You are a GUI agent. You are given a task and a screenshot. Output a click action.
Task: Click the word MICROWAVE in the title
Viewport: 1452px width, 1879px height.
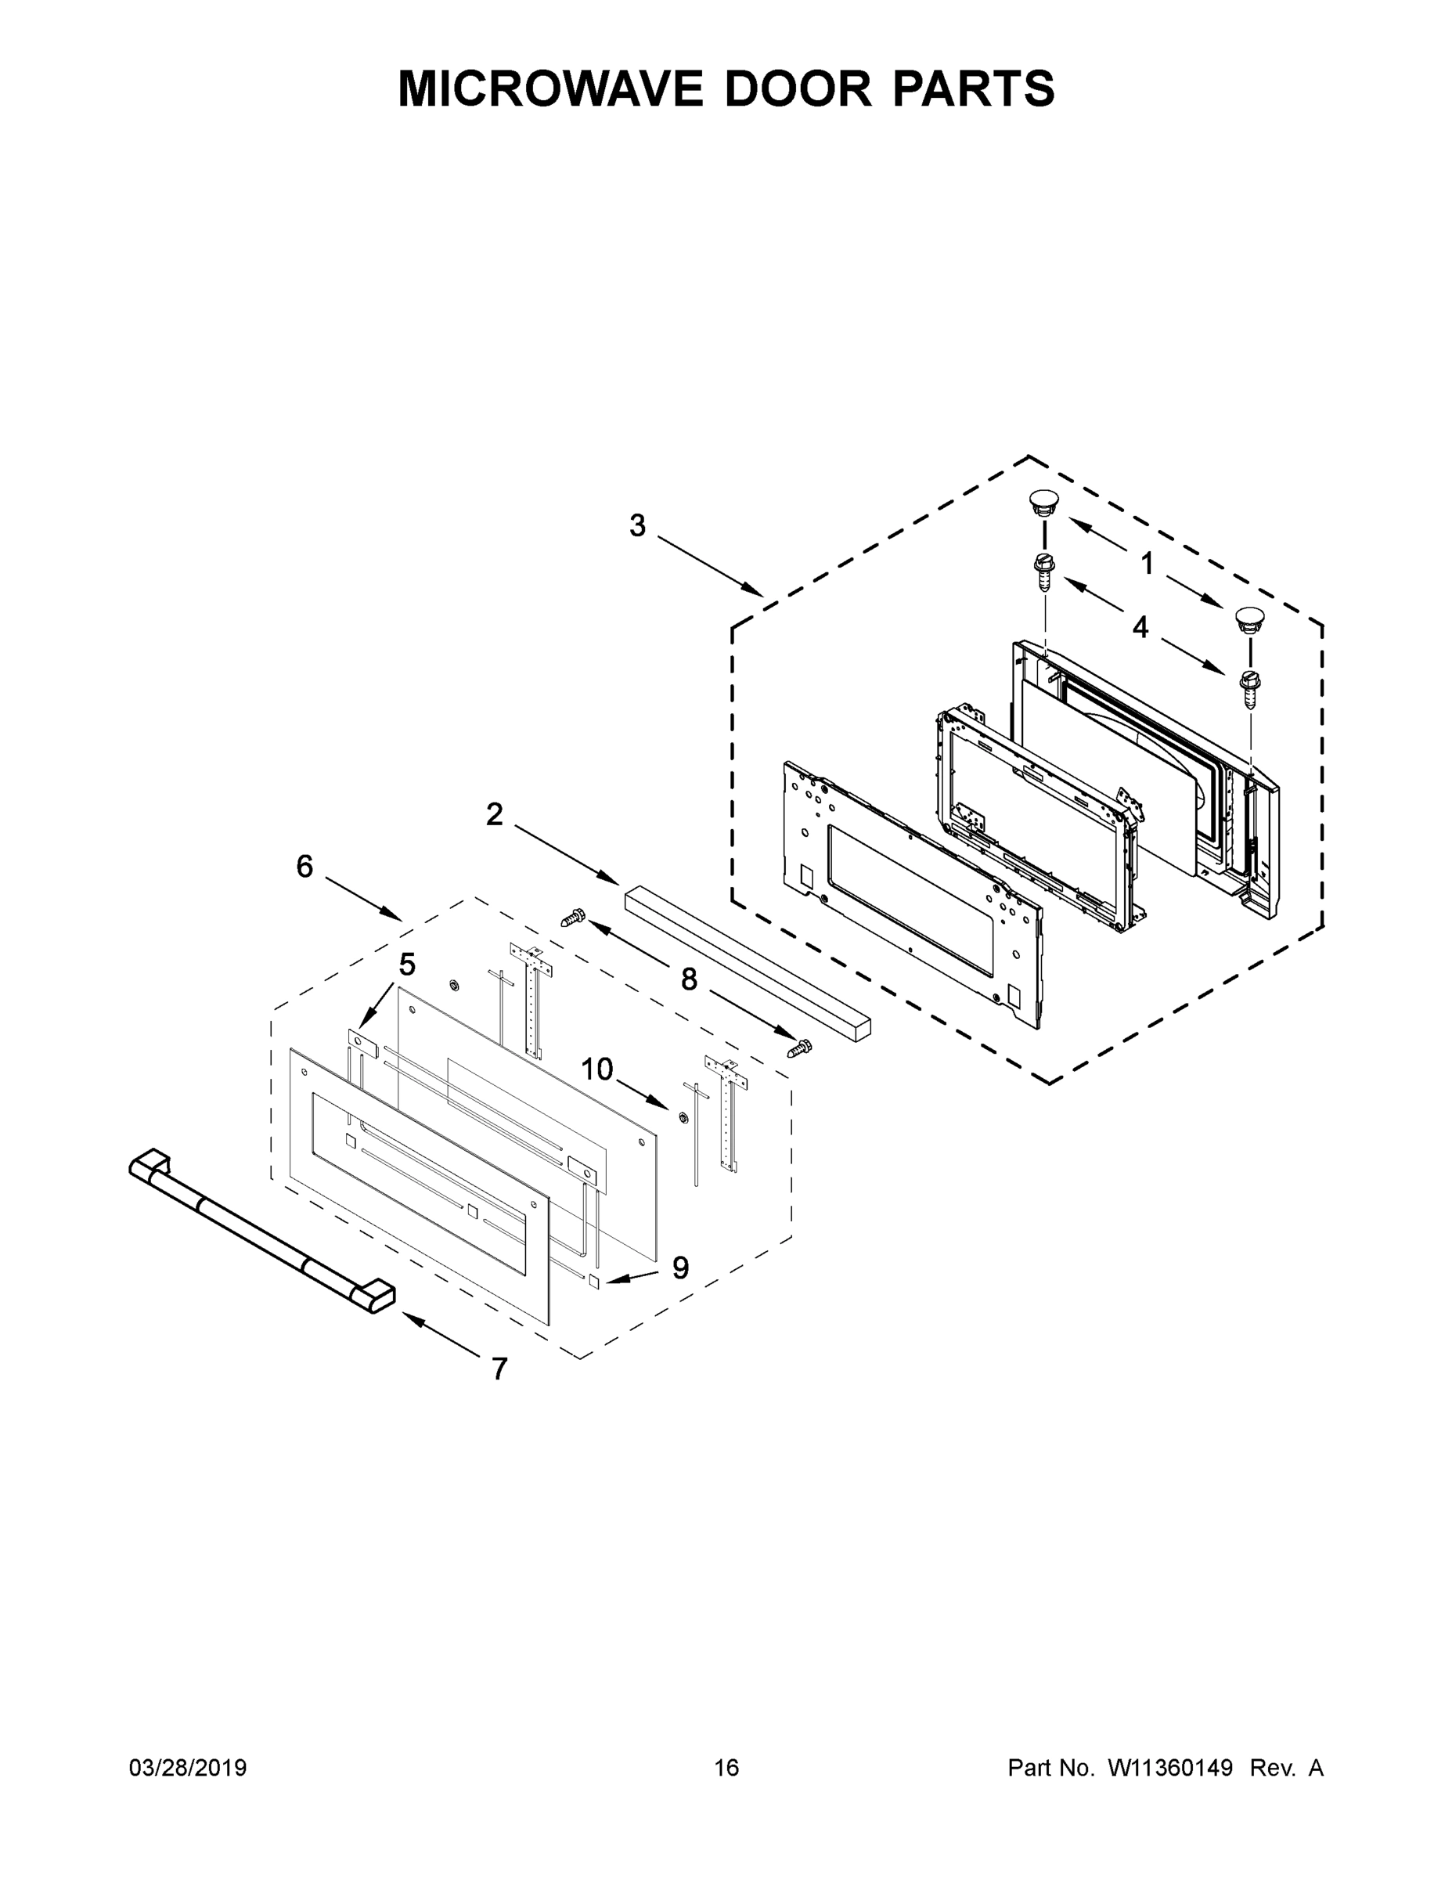pyautogui.click(x=549, y=88)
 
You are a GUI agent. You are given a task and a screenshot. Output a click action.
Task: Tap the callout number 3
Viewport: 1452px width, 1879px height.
pyautogui.click(x=637, y=525)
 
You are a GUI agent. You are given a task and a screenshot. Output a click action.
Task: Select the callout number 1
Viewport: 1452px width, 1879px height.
pyautogui.click(x=1147, y=564)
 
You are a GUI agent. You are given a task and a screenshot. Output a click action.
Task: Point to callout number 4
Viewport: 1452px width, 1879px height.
pyautogui.click(x=1140, y=627)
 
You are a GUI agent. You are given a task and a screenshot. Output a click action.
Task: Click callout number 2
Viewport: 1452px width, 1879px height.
pyautogui.click(x=494, y=814)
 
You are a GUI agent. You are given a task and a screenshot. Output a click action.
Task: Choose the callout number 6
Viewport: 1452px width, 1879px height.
pyautogui.click(x=304, y=867)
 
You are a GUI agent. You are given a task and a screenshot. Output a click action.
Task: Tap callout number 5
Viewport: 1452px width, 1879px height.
pyautogui.click(x=407, y=965)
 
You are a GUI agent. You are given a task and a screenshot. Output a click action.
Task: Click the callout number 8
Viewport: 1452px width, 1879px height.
pyautogui.click(x=688, y=979)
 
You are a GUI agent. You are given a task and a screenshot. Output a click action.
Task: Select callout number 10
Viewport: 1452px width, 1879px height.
pyautogui.click(x=597, y=1069)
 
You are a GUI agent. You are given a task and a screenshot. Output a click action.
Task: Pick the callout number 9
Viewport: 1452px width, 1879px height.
pyautogui.click(x=680, y=1268)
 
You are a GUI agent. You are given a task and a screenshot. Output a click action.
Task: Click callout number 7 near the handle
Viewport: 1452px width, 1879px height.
pyautogui.click(x=499, y=1369)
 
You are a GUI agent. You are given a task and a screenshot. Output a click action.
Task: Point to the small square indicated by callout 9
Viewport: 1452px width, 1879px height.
pyautogui.click(x=593, y=1281)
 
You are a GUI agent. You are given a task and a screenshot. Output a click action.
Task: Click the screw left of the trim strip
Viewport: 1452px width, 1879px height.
pyautogui.click(x=572, y=918)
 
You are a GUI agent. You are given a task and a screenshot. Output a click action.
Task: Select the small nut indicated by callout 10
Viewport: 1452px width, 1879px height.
pyautogui.click(x=679, y=1117)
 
